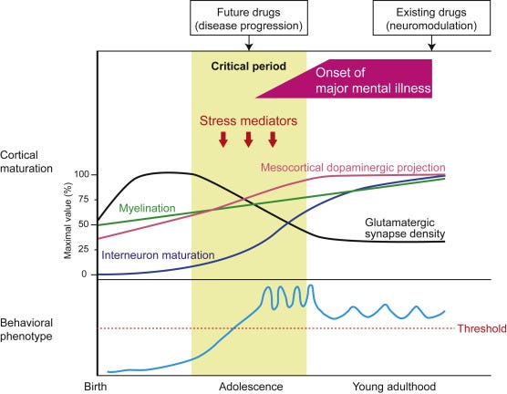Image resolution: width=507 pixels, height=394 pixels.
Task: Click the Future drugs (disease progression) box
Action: click(249, 18)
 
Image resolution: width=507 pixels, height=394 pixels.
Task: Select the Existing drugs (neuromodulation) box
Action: click(431, 18)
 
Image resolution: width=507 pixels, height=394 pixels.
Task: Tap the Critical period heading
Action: click(249, 67)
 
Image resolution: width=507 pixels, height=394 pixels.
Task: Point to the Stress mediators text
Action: click(248, 120)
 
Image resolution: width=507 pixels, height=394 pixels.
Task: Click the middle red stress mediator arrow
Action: click(248, 140)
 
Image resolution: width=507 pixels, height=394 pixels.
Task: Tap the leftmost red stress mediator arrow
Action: click(223, 140)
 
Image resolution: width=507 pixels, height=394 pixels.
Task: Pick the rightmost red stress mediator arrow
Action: click(273, 140)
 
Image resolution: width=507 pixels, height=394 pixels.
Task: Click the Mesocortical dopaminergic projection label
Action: click(353, 168)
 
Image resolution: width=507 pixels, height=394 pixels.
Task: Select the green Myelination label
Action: click(147, 208)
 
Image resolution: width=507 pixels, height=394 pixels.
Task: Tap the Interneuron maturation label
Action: click(158, 255)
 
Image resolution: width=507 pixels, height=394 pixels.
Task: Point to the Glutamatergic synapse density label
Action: click(405, 228)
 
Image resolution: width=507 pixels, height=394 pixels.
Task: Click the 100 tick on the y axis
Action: click(81, 174)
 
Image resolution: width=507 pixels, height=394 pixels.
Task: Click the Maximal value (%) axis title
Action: click(67, 221)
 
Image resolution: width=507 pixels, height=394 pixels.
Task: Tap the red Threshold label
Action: click(481, 328)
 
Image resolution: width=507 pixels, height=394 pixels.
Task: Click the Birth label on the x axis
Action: click(96, 387)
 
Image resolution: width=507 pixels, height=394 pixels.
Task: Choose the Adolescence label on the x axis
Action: click(251, 387)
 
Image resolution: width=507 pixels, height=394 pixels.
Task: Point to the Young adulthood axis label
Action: click(394, 387)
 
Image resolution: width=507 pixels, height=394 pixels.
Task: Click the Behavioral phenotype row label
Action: click(26, 329)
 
